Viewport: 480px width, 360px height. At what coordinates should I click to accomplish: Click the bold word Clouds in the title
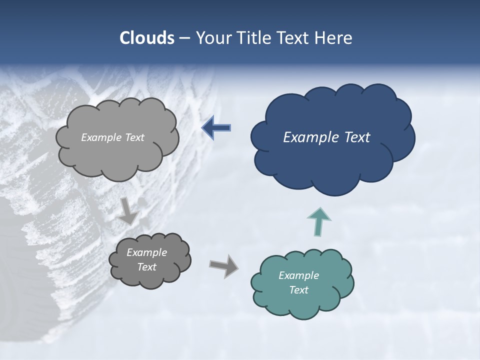tap(146, 38)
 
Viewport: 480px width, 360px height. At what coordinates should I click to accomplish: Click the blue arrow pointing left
tap(216, 127)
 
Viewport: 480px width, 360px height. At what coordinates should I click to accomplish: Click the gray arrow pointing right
tap(224, 266)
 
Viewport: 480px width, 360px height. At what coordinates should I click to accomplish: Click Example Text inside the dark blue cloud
tap(326, 137)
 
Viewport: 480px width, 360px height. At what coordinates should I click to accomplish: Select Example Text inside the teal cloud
tap(298, 282)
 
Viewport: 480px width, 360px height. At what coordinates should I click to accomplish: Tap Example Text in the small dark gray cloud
tap(146, 259)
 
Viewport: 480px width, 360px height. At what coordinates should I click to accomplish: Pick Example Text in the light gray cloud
tap(112, 137)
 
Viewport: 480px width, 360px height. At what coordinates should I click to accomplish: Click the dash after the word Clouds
tap(184, 38)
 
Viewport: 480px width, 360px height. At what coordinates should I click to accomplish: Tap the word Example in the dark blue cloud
tap(307, 137)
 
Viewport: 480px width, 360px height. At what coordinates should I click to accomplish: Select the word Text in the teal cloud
tap(298, 290)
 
